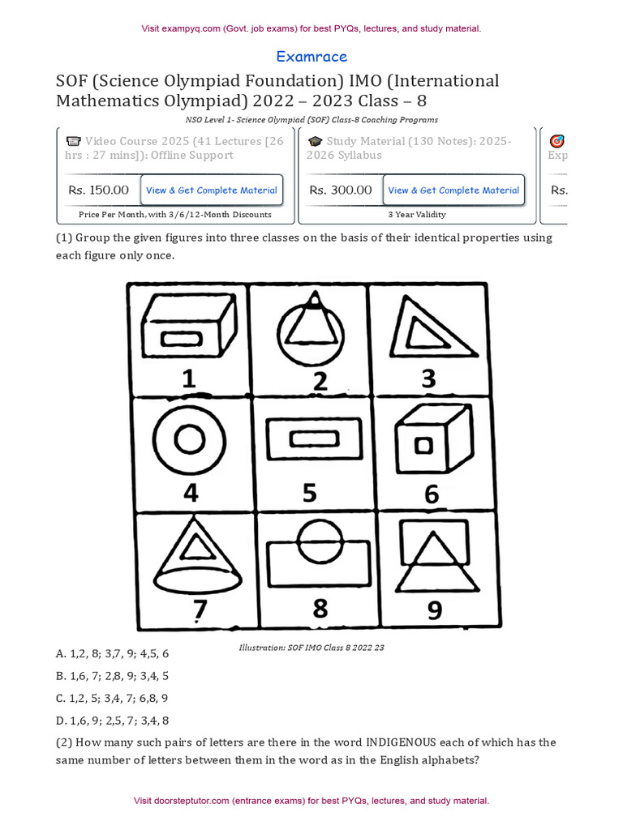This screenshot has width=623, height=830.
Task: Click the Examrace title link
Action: click(x=311, y=57)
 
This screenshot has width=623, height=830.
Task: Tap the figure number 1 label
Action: click(x=188, y=379)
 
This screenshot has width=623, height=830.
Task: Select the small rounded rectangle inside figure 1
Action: click(x=181, y=339)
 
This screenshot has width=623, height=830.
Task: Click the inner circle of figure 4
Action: click(x=189, y=440)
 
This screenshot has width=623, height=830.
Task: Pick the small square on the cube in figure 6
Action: click(x=423, y=446)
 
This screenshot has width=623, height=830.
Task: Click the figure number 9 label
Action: click(x=435, y=610)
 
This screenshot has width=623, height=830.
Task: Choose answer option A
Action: click(x=112, y=654)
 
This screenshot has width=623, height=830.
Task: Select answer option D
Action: click(x=112, y=721)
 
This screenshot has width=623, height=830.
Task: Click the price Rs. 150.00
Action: click(x=98, y=190)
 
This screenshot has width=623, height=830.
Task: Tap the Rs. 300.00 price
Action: click(x=341, y=190)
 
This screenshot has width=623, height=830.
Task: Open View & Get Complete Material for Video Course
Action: click(x=212, y=190)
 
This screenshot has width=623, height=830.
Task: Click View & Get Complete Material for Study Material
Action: click(x=453, y=190)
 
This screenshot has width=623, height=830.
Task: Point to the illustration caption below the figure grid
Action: click(x=311, y=648)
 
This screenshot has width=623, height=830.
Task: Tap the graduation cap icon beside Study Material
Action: click(x=316, y=141)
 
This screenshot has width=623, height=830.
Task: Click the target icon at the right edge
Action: click(x=556, y=141)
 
